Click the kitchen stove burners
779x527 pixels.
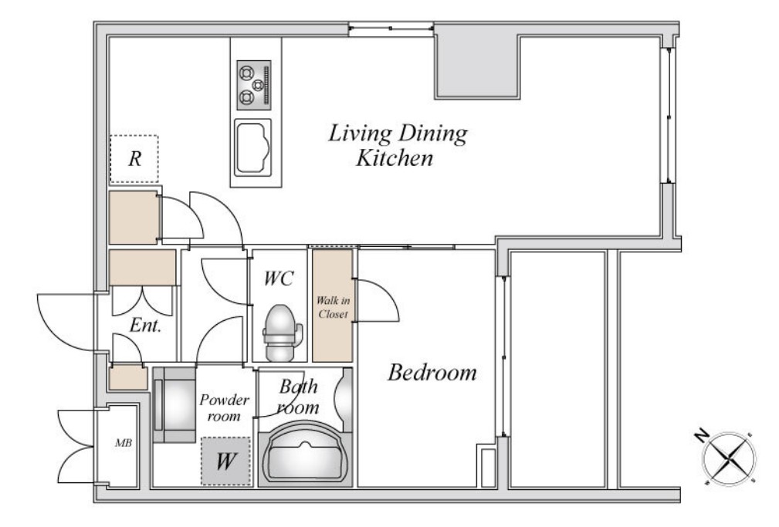pos(254,85)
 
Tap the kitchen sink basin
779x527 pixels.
pos(253,147)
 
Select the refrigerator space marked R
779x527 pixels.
pos(134,159)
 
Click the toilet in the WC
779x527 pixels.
pos(282,333)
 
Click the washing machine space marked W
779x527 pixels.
pos(225,461)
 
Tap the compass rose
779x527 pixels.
pos(728,458)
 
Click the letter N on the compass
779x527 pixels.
pos(701,437)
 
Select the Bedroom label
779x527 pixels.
pos(432,372)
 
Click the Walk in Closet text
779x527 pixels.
pos(333,307)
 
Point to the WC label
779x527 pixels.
pos(279,279)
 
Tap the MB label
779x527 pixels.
pos(124,442)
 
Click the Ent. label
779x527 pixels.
pos(145,326)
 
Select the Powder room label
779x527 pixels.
pos(224,408)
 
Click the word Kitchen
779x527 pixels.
pos(395,158)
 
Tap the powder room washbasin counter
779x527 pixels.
pos(174,405)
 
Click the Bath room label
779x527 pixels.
pos(298,397)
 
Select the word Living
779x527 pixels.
pos(360,133)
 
